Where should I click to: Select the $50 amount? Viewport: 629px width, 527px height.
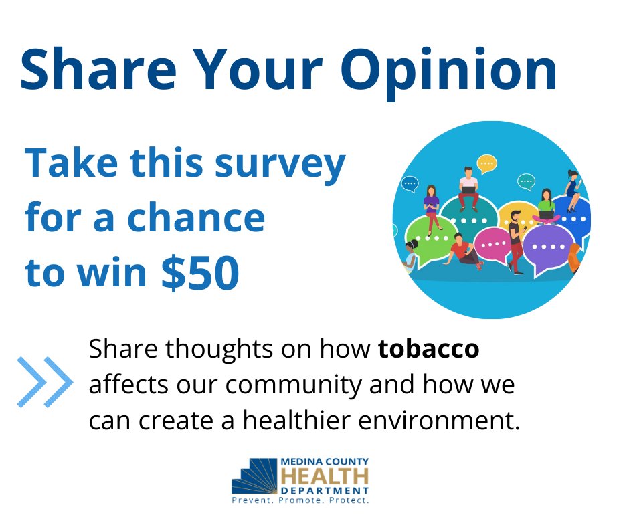pyautogui.click(x=200, y=274)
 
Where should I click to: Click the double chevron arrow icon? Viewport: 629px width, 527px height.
pyautogui.click(x=44, y=383)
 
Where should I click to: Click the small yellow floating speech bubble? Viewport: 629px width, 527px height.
pyautogui.click(x=486, y=162)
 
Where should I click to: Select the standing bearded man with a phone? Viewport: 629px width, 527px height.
pyautogui.click(x=515, y=241)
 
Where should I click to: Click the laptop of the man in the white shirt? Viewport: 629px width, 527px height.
pyautogui.click(x=468, y=191)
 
